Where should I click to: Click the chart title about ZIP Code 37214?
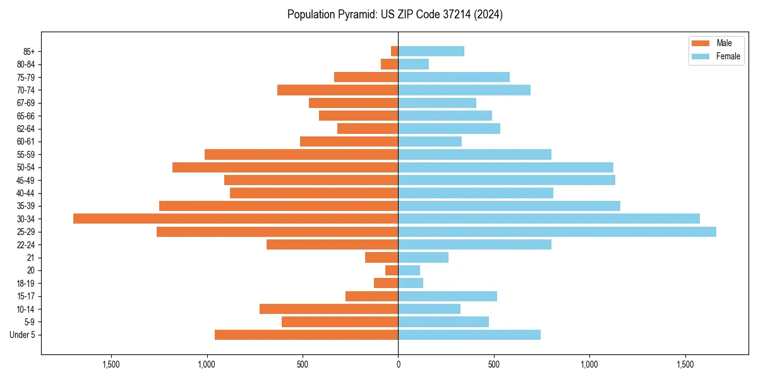[x=395, y=15]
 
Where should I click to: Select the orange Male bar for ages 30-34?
[x=236, y=219]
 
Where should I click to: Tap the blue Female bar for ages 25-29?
[x=557, y=232]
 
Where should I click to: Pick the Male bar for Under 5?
[x=306, y=335]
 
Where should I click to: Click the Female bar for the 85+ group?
[x=431, y=51]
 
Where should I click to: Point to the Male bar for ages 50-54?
[x=286, y=167]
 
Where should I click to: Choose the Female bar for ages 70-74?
[x=464, y=90]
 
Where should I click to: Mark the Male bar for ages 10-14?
[x=329, y=309]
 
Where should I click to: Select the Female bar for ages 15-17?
[x=448, y=296]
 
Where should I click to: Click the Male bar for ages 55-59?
[x=301, y=154]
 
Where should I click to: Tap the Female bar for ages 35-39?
[x=509, y=206]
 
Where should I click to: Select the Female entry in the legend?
[x=717, y=56]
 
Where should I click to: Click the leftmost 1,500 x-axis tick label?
[x=111, y=365]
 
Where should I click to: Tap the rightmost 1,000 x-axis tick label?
[x=589, y=365]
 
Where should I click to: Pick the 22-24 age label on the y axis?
[x=26, y=244]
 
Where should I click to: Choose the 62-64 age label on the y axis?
[x=26, y=129]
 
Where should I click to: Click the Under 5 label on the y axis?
[x=23, y=335]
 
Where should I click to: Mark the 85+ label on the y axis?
[x=28, y=51]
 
